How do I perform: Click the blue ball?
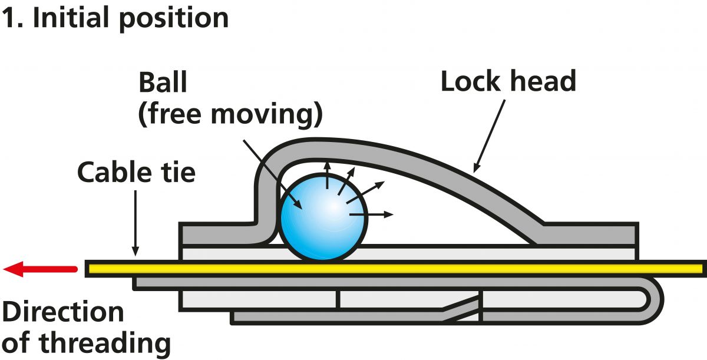pos(323,217)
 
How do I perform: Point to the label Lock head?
pos(508,81)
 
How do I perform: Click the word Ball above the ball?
pos(162,83)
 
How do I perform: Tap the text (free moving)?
pos(230,115)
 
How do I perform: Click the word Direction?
pos(63,312)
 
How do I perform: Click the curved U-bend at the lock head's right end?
pos(655,300)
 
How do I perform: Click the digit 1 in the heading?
pos(8,18)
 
